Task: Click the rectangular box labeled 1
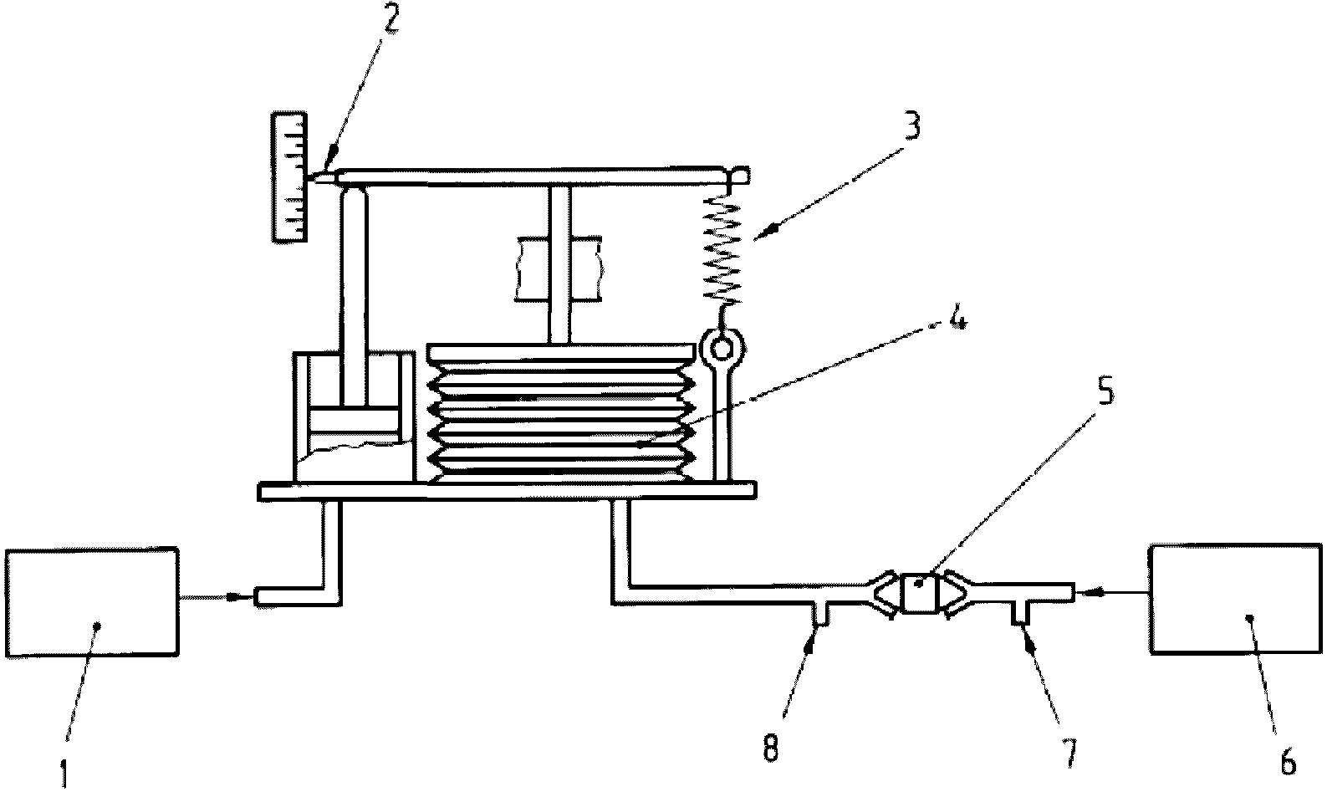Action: tap(92, 602)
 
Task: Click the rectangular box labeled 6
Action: tap(1235, 598)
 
